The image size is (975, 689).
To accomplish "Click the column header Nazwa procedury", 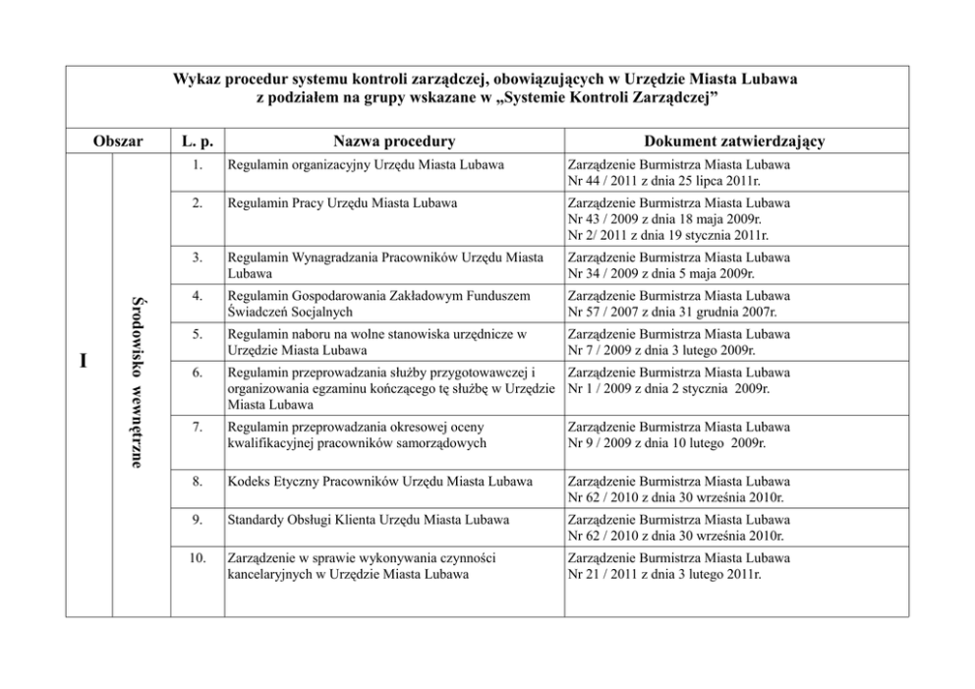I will [393, 142].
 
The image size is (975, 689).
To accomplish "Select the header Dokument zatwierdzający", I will [735, 142].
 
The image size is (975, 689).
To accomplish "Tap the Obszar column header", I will [117, 142].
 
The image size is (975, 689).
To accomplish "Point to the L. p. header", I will [198, 142].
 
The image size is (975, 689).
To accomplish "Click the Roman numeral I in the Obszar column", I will [85, 362].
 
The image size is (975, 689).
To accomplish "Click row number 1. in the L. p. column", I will [198, 165].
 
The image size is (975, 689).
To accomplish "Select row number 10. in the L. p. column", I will [198, 558].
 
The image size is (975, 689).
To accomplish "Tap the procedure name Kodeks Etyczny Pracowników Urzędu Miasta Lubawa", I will [379, 482].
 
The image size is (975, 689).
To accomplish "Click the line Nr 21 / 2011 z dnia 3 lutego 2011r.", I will [665, 574].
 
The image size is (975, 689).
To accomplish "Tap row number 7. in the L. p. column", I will [198, 429].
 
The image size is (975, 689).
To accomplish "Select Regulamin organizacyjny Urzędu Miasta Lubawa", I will [366, 165].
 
